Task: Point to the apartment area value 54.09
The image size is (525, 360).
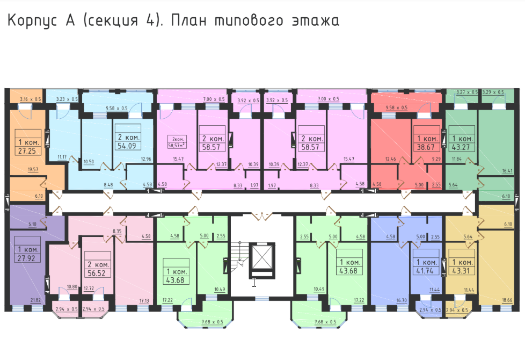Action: (127, 146)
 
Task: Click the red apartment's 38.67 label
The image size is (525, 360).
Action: (427, 146)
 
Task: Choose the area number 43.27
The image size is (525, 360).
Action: (461, 146)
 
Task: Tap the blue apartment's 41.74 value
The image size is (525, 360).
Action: (427, 272)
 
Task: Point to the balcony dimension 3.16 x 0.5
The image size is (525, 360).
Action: (30, 99)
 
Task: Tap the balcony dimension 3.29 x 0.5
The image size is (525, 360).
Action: (493, 92)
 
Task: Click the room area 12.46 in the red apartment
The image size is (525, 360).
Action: (390, 159)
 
